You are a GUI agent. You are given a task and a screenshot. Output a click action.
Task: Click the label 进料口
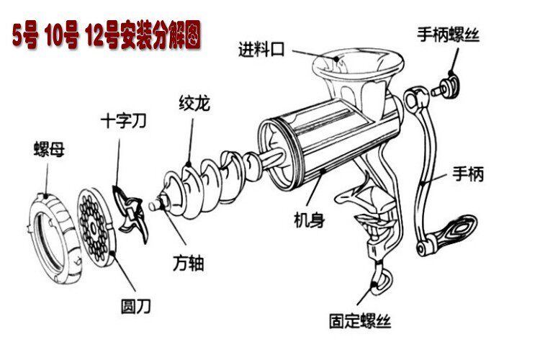(x=262, y=50)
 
